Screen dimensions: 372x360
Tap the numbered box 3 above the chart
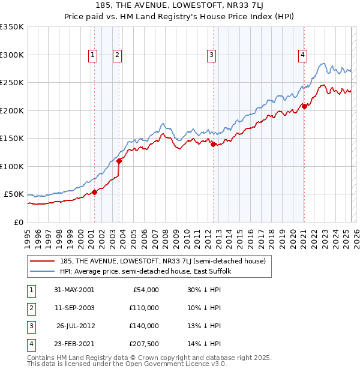coord(212,55)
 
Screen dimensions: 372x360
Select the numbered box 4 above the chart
coord(303,55)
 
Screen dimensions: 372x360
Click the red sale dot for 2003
coord(119,161)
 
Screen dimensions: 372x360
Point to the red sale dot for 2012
coord(213,143)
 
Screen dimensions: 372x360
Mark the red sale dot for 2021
coord(304,106)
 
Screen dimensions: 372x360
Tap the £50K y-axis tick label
coord(14,194)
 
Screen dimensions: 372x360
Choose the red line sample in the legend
coord(43,261)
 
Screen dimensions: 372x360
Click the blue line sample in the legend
coord(43,271)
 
